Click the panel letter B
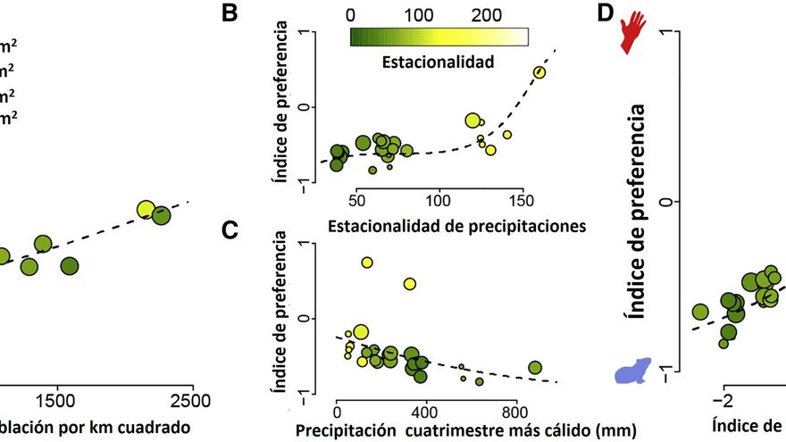tap(230, 15)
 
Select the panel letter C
tap(230, 232)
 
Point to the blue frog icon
tap(633, 368)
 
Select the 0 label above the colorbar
tap(349, 14)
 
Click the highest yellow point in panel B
tap(539, 72)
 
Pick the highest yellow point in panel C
tap(367, 263)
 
